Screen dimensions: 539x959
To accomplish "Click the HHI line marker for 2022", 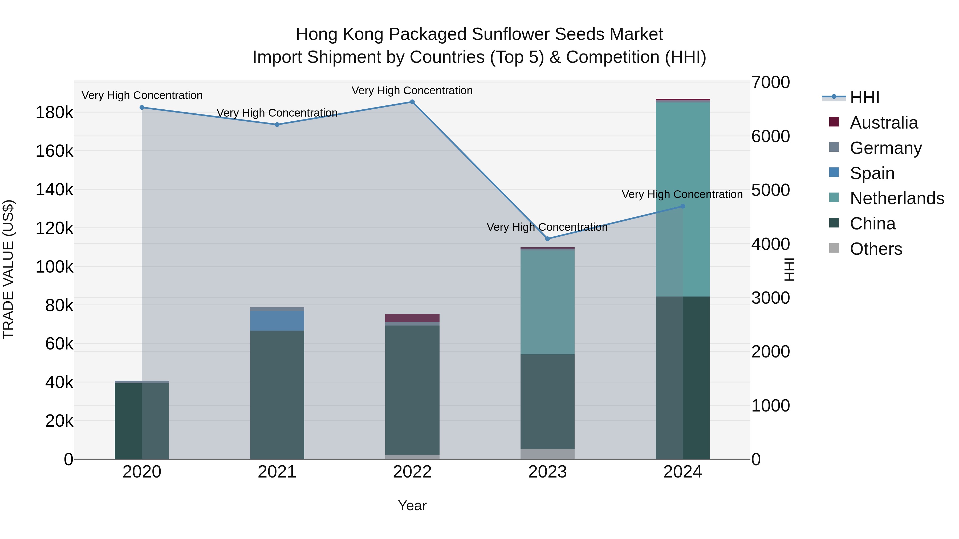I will click(412, 102).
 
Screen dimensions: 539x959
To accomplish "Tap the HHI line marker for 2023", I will click(547, 239).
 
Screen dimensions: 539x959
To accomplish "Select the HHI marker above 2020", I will click(142, 108).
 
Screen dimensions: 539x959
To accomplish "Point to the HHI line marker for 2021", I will click(277, 125).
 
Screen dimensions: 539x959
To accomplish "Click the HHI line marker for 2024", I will click(682, 206).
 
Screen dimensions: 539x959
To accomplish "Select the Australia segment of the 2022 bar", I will click(412, 318).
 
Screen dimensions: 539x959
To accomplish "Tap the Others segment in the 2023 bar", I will click(547, 454).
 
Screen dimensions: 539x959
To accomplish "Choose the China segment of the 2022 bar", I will click(412, 390).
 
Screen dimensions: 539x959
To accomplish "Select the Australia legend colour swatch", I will click(834, 122).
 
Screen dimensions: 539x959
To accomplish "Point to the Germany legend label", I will click(886, 148).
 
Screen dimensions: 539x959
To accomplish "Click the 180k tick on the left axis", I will click(54, 112).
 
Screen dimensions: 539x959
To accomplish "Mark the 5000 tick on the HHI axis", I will click(770, 190).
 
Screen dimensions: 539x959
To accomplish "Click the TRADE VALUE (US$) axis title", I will click(9, 269).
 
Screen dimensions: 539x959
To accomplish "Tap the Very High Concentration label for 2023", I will click(547, 227).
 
